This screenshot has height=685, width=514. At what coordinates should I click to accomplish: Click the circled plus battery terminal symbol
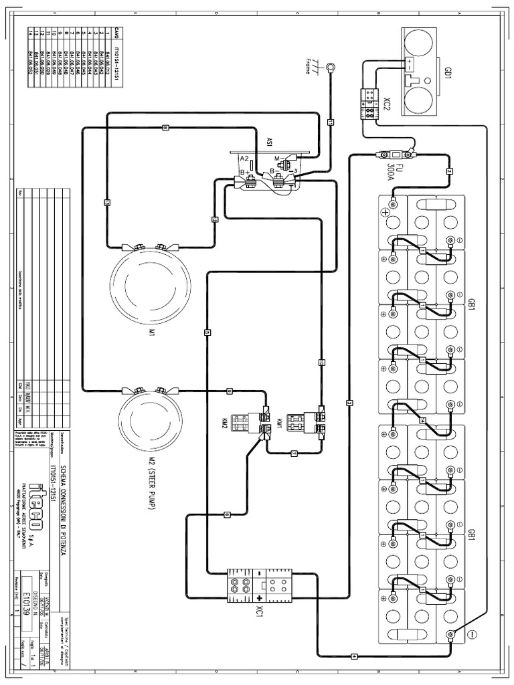tap(385, 213)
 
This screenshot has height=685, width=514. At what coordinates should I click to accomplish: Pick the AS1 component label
tap(270, 142)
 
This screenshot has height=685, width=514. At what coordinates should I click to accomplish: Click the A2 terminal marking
tap(245, 159)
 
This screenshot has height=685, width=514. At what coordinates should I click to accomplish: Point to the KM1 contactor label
tap(279, 423)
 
